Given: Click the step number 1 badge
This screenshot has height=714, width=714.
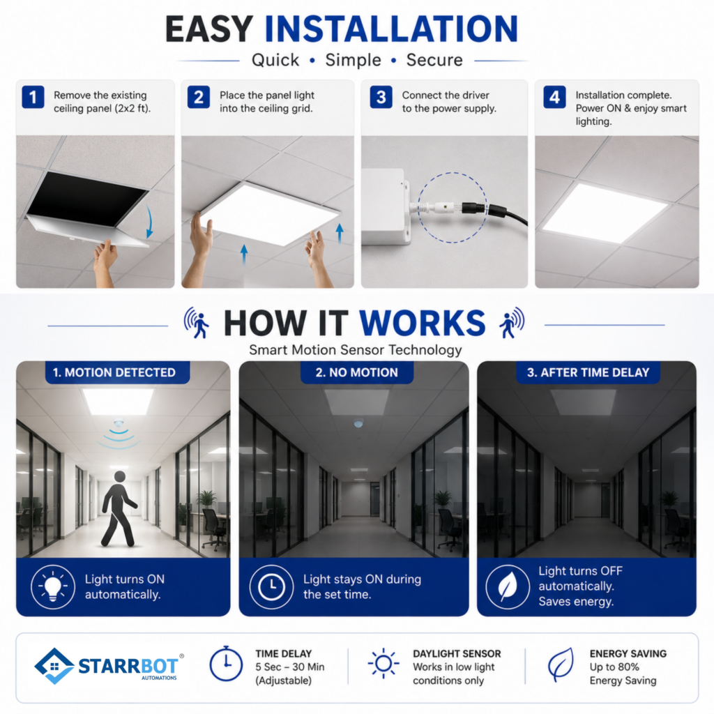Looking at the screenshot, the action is pyautogui.click(x=33, y=97).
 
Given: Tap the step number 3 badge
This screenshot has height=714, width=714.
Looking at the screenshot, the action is pyautogui.click(x=381, y=97).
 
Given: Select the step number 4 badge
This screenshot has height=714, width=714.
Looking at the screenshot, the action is pyautogui.click(x=554, y=97).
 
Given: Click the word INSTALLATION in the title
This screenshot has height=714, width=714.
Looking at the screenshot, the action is pyautogui.click(x=392, y=29).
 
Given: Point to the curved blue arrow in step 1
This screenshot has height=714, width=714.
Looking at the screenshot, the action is pyautogui.click(x=149, y=222).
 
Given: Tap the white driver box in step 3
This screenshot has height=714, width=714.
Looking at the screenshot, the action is pyautogui.click(x=385, y=206).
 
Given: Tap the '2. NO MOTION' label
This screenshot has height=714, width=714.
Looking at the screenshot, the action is pyautogui.click(x=357, y=372).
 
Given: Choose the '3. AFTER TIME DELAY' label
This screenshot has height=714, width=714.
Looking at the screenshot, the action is pyautogui.click(x=588, y=372).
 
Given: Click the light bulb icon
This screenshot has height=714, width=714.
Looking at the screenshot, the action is pyautogui.click(x=53, y=586).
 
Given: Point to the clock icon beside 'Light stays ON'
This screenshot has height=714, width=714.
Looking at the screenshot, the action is pyautogui.click(x=271, y=586).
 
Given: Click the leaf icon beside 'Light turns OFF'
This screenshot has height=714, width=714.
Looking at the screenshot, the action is pyautogui.click(x=508, y=586).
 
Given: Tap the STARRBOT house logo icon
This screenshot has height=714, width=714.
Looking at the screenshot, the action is pyautogui.click(x=54, y=666).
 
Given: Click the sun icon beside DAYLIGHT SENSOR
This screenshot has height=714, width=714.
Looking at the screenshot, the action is pyautogui.click(x=383, y=664).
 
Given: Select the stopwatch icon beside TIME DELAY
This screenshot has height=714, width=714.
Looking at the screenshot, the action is pyautogui.click(x=226, y=664).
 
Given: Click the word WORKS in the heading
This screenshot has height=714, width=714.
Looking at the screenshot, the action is pyautogui.click(x=422, y=324).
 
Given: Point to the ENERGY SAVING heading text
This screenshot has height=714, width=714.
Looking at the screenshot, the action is pyautogui.click(x=628, y=653).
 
